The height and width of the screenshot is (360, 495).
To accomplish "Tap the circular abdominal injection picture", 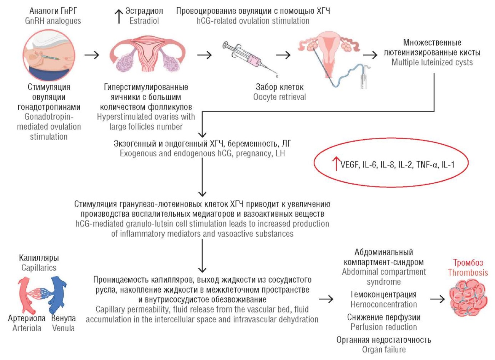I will (x=48, y=56).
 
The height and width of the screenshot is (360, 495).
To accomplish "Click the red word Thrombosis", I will (x=468, y=272).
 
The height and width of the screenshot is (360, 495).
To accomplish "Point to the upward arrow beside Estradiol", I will (x=119, y=16).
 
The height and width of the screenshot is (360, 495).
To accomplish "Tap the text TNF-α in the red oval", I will (x=427, y=165).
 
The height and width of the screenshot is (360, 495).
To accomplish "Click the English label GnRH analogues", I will (x=53, y=21).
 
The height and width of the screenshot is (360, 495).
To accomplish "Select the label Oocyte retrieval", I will (x=279, y=97).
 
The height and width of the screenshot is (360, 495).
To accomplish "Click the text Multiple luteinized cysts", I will (x=432, y=62).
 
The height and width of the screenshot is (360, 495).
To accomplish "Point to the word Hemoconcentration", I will (x=383, y=304).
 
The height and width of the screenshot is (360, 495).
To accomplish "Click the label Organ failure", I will (x=383, y=349).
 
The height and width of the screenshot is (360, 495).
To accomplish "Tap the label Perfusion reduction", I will (x=383, y=327).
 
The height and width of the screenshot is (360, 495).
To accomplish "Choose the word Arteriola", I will (x=27, y=328).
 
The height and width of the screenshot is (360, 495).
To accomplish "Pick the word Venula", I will (x=64, y=328).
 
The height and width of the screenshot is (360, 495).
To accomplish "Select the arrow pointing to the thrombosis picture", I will (x=437, y=299).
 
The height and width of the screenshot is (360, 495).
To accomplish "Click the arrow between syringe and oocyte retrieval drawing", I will (x=283, y=55).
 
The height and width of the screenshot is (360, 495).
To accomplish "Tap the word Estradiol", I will (x=144, y=21).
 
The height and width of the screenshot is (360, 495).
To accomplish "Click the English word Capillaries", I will (x=39, y=268).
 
